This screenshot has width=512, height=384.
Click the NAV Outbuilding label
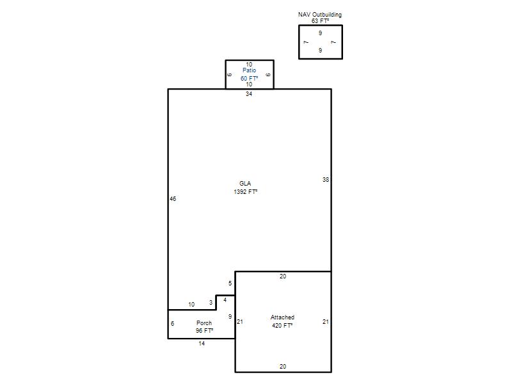point(319,14)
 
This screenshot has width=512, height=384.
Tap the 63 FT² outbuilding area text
point(320,21)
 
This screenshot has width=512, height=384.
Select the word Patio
point(249,70)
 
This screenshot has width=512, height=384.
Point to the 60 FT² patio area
point(249,78)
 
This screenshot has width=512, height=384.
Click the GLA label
point(245,184)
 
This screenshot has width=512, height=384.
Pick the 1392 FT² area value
point(245,191)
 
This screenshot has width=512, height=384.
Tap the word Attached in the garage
point(282,317)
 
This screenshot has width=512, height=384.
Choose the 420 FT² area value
point(282,325)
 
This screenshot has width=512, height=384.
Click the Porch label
point(204,323)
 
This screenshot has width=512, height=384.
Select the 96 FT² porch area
point(204,331)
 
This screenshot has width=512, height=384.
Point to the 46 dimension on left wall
point(173,198)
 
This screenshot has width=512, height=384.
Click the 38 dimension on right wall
point(326,179)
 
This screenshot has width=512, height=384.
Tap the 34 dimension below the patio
point(249,93)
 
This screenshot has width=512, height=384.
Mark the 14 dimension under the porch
point(202,344)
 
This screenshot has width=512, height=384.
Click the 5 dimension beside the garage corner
point(230,283)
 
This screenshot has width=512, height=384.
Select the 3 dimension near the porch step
point(211,302)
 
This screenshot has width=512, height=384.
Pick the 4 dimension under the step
point(225,300)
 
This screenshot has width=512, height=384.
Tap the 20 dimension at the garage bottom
point(283,366)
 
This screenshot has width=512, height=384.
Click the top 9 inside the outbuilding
point(320,33)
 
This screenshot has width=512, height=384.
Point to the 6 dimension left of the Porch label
point(172,323)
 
